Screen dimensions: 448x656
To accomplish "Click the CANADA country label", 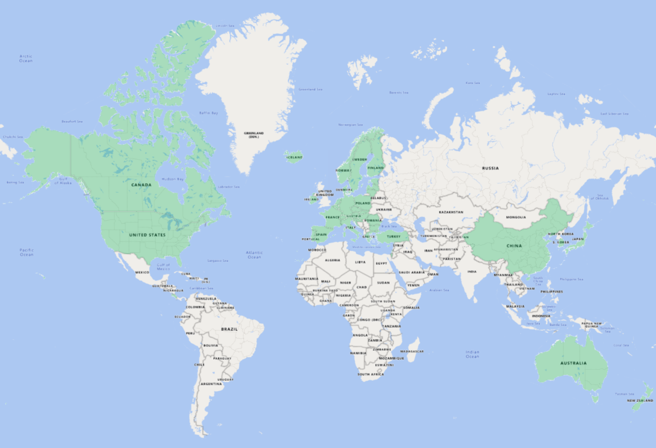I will pyautogui.click(x=141, y=185).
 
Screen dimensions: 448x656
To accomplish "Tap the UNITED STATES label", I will pyautogui.click(x=147, y=235).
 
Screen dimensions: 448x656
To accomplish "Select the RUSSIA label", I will pyautogui.click(x=490, y=168).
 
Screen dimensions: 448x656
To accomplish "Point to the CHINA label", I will pyautogui.click(x=514, y=246).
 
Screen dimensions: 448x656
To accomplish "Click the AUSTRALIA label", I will pyautogui.click(x=573, y=364).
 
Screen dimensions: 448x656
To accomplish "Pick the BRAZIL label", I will pyautogui.click(x=229, y=329).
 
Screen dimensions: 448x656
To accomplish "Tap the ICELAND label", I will pyautogui.click(x=295, y=156).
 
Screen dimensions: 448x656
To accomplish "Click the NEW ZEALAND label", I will pyautogui.click(x=639, y=401).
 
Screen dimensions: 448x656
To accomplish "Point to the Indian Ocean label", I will pyautogui.click(x=472, y=354).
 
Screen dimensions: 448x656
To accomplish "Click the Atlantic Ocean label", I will pyautogui.click(x=254, y=255).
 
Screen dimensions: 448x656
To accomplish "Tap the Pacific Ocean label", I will pyautogui.click(x=26, y=252).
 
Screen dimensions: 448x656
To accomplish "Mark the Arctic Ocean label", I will pyautogui.click(x=26, y=58).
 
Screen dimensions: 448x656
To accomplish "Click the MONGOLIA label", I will pyautogui.click(x=516, y=217).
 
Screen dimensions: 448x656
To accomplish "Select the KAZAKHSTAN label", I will pyautogui.click(x=450, y=212).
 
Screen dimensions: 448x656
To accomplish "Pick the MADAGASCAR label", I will pyautogui.click(x=412, y=351).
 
